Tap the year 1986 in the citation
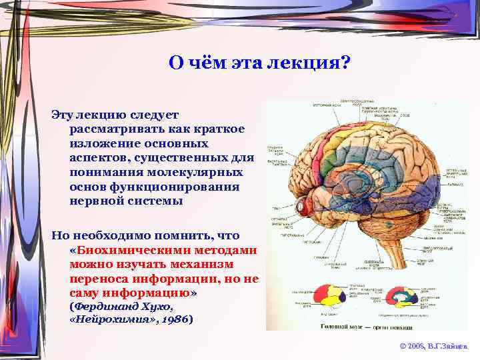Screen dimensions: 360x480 (x=175, y=319)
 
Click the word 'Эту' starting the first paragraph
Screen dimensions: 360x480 (x=62, y=114)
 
